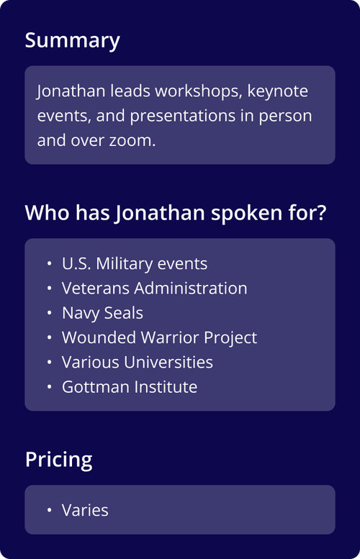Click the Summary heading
coord(72,40)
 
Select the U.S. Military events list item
coord(134,264)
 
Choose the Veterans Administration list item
coord(154,288)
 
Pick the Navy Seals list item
coord(102,313)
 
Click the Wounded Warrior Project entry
coord(159,337)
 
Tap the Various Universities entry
coord(137,362)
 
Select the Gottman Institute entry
coord(129,386)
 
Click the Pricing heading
coord(58,460)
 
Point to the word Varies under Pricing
coord(85,510)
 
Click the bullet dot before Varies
coord(49,510)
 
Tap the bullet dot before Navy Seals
coord(49,314)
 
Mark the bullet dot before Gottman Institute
coord(49,387)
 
